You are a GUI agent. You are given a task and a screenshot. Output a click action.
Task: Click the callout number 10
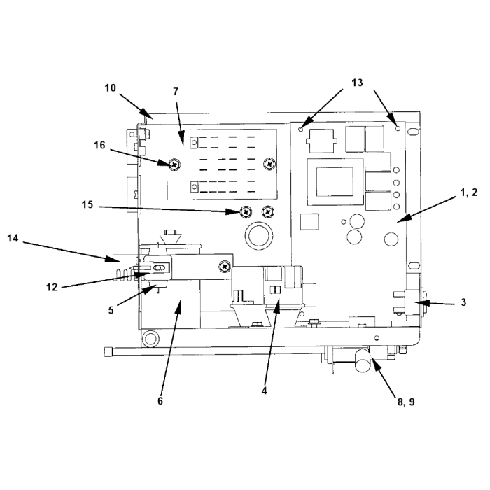(x=110, y=88)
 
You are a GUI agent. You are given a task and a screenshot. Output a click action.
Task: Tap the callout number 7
(x=176, y=92)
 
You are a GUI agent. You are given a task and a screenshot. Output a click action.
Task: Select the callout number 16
(x=99, y=145)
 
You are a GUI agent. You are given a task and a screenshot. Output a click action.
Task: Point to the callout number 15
(x=87, y=204)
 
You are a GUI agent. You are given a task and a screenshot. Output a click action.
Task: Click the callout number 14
(x=13, y=239)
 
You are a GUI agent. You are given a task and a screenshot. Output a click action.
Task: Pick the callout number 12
(x=52, y=287)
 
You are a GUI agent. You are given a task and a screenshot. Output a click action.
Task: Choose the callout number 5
(x=111, y=310)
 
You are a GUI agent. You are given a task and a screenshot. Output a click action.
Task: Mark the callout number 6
(x=160, y=401)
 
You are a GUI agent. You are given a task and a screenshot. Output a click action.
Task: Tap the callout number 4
(x=265, y=391)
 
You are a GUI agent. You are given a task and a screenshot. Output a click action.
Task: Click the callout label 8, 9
(x=406, y=402)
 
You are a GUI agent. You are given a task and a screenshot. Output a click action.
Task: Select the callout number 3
(x=463, y=302)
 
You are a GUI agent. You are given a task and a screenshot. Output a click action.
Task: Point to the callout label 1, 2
(x=469, y=192)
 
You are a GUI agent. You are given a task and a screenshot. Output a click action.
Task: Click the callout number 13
(x=357, y=83)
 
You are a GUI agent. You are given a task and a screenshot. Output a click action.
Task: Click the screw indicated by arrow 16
(x=175, y=163)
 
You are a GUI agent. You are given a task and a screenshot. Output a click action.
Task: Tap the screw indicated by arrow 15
(x=246, y=212)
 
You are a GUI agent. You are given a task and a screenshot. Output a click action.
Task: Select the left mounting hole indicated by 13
(x=301, y=129)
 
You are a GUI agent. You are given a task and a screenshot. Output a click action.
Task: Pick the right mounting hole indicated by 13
(x=398, y=128)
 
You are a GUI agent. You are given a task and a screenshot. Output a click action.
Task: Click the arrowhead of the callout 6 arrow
(x=179, y=304)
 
